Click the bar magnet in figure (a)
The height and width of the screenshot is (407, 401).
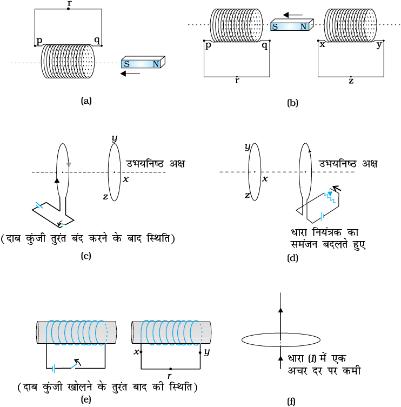click(x=143, y=62)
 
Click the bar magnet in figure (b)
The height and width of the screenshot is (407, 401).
click(x=292, y=25)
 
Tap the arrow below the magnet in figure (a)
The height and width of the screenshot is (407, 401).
click(x=130, y=74)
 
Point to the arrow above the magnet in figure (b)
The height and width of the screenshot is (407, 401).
click(x=293, y=15)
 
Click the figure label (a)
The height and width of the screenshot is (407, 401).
click(x=86, y=101)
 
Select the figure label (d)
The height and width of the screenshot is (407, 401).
click(x=292, y=258)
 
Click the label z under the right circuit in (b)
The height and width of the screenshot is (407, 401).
click(x=351, y=81)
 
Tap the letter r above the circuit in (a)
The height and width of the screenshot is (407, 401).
click(x=69, y=3)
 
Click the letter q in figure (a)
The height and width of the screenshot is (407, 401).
click(x=97, y=40)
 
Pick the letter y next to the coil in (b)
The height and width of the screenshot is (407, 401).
click(x=379, y=45)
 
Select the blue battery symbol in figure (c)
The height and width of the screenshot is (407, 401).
click(x=39, y=205)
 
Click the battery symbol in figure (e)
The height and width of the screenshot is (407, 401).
click(x=54, y=369)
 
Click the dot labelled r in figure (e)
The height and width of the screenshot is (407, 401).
click(x=170, y=369)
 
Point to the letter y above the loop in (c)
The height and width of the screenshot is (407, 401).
click(x=115, y=138)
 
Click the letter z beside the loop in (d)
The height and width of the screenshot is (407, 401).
click(x=247, y=195)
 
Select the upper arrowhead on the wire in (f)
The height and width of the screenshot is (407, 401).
click(x=280, y=310)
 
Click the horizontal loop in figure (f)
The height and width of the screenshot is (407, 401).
click(x=281, y=346)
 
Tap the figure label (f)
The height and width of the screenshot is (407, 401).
click(x=291, y=401)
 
